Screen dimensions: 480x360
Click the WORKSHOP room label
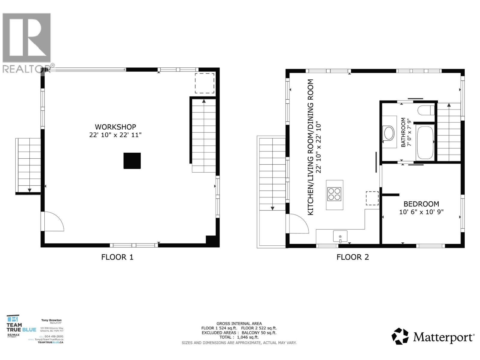pyautogui.click(x=115, y=127)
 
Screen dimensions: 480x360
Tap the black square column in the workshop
pyautogui.click(x=132, y=161)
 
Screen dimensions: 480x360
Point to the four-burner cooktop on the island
pyautogui.click(x=334, y=194)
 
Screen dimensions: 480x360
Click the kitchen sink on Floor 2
pyautogui.click(x=340, y=236)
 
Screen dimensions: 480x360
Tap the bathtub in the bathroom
pyautogui.click(x=424, y=143)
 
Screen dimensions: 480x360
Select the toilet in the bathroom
pyautogui.click(x=426, y=110)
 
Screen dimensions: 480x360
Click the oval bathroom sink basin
pyautogui.click(x=389, y=133)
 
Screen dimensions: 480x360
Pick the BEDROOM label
pyautogui.click(x=421, y=204)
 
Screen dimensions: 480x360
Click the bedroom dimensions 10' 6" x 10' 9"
pyautogui.click(x=421, y=212)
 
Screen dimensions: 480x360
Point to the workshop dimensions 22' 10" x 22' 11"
pyautogui.click(x=115, y=135)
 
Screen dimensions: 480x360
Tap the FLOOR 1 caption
pyautogui.click(x=117, y=257)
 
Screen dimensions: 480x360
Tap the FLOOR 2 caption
pyautogui.click(x=352, y=257)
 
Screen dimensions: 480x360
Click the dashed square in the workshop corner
pyautogui.click(x=205, y=83)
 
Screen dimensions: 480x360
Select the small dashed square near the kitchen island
pyautogui.click(x=372, y=198)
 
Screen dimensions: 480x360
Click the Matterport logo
pyautogui.click(x=433, y=337)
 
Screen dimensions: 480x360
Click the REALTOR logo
pyautogui.click(x=27, y=42)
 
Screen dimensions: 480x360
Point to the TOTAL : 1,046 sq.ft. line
pyautogui.click(x=239, y=337)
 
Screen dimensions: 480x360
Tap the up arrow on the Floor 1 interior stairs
pyautogui.click(x=204, y=101)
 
